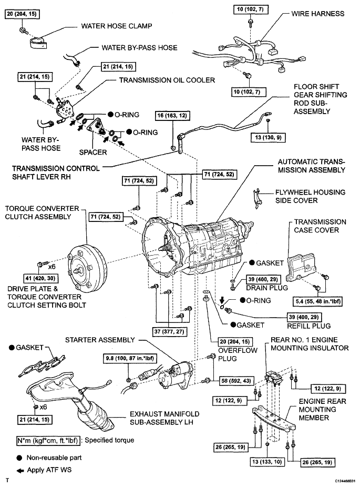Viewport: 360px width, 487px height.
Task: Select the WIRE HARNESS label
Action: tap(317, 14)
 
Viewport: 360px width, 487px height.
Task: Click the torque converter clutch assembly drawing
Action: tap(87, 266)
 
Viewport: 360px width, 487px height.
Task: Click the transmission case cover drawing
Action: tap(300, 266)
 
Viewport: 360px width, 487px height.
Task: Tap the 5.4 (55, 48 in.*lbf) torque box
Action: tap(317, 301)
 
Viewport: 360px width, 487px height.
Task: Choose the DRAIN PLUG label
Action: tap(267, 288)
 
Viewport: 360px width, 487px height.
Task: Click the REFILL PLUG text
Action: tap(309, 326)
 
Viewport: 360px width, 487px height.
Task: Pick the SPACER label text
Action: tap(93, 152)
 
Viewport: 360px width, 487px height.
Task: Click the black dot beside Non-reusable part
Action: tap(20, 458)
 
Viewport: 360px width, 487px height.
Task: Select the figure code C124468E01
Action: tap(345, 481)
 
